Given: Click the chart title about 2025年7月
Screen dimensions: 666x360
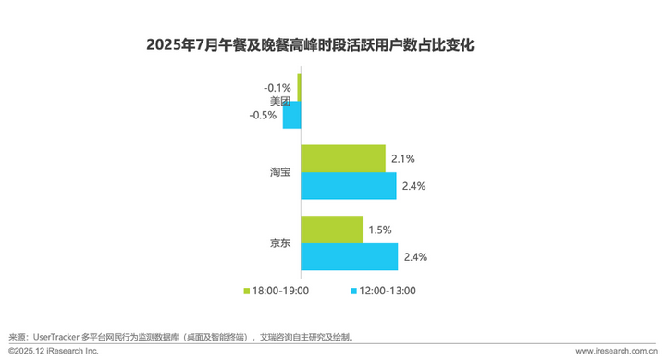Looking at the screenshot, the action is coord(310,44).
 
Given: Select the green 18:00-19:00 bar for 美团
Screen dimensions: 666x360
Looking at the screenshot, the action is coord(299,87).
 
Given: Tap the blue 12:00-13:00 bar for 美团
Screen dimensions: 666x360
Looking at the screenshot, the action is coord(291,115).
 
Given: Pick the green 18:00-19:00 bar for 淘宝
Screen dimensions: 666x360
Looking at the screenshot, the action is coord(343,158).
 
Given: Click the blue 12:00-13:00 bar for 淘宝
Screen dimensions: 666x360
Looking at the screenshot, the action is coord(349,186).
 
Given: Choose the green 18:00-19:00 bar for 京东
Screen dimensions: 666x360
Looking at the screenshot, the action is coord(332,230).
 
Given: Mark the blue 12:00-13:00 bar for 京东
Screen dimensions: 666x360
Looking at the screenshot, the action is coord(350,256).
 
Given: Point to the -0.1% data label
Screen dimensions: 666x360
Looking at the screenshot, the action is coord(277,88).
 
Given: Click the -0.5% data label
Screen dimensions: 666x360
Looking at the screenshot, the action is coord(263,115).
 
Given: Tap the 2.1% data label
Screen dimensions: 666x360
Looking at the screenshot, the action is coord(403,159).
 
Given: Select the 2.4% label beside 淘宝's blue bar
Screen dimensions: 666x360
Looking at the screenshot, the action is coord(413,186).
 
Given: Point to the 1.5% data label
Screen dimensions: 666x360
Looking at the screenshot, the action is coord(380,230).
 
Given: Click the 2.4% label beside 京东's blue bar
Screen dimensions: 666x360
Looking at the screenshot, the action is coord(415,257).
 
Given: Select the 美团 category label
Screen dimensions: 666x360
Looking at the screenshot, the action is coord(280,101).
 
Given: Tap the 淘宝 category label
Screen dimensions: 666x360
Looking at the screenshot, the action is coord(280,172).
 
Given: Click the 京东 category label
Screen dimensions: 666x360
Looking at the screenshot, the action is coord(280,243).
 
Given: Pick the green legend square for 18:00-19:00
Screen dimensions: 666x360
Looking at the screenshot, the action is coord(246,292).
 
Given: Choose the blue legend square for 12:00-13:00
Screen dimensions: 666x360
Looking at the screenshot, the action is coord(353,292).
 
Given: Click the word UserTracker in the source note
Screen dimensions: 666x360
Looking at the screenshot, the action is coord(56,338).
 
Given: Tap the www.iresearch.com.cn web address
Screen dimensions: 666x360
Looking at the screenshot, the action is coord(617,351).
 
